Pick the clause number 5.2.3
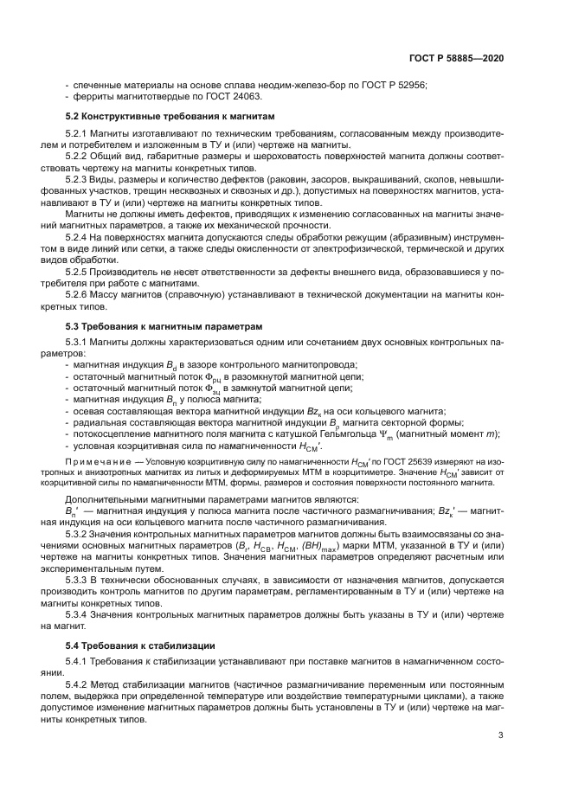coord(79,179)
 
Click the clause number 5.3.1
coord(79,344)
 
